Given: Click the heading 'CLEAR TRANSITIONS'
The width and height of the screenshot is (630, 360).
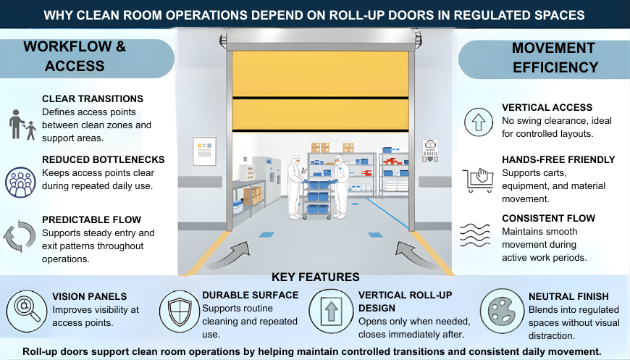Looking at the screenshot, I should (x=93, y=99).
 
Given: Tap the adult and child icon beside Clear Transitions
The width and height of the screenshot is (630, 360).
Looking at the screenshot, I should (x=22, y=125).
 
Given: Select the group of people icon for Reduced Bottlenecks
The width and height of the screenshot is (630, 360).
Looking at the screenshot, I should (x=20, y=183).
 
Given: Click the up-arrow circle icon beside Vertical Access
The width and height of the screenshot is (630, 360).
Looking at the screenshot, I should (x=478, y=122).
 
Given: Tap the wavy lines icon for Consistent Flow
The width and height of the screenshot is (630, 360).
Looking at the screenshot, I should (x=478, y=235).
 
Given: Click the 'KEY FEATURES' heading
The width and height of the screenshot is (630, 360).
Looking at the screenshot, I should (x=315, y=277).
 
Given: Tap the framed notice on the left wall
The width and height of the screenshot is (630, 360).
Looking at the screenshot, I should (x=205, y=151).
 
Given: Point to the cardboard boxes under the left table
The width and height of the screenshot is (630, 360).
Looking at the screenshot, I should (x=253, y=196).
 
